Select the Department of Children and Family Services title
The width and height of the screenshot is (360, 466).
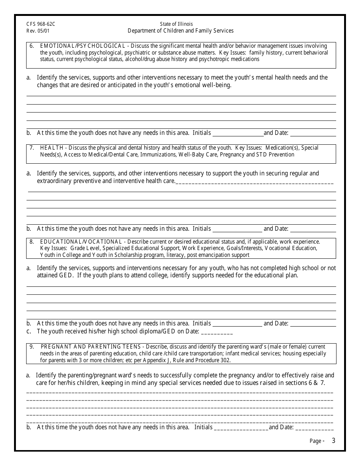(180, 31)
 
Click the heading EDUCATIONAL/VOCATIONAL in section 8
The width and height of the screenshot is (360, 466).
(81, 242)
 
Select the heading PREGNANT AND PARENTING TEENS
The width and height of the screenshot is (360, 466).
(91, 347)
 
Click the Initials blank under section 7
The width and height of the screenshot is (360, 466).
(237, 229)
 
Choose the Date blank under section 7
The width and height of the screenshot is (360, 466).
(313, 229)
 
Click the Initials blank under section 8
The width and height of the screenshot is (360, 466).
(237, 324)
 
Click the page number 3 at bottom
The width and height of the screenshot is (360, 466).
(333, 441)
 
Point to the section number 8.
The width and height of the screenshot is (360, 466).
(31, 242)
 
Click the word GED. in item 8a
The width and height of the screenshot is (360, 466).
(66, 275)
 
